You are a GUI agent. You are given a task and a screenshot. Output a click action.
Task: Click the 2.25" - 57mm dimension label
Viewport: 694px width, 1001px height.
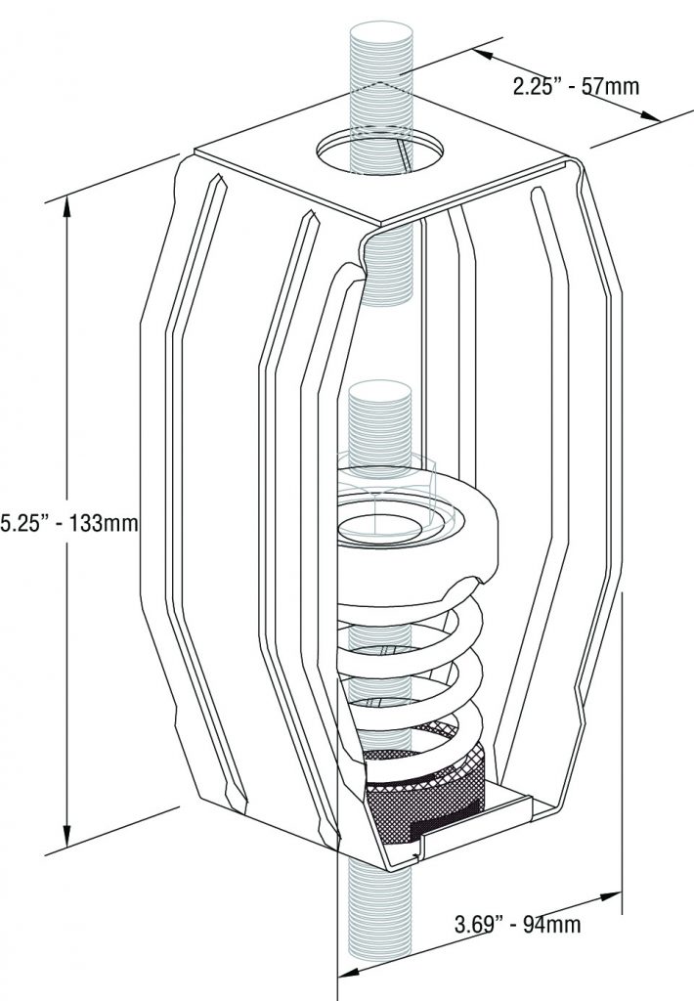(x=576, y=86)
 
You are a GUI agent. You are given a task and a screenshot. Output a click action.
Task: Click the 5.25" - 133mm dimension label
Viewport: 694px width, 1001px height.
(x=69, y=523)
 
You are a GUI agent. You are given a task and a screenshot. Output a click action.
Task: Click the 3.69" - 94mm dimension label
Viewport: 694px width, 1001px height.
(x=517, y=924)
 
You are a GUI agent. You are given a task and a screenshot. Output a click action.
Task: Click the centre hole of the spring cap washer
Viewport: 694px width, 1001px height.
(x=379, y=527)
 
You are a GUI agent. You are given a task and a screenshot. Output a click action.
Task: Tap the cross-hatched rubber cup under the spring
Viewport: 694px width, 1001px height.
(x=424, y=792)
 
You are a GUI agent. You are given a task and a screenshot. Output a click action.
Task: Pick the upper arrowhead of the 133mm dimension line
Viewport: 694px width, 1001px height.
(x=66, y=207)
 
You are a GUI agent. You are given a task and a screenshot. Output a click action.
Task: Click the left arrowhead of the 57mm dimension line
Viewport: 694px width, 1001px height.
(x=483, y=55)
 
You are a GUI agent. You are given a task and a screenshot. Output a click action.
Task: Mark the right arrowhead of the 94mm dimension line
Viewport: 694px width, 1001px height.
(x=611, y=897)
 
